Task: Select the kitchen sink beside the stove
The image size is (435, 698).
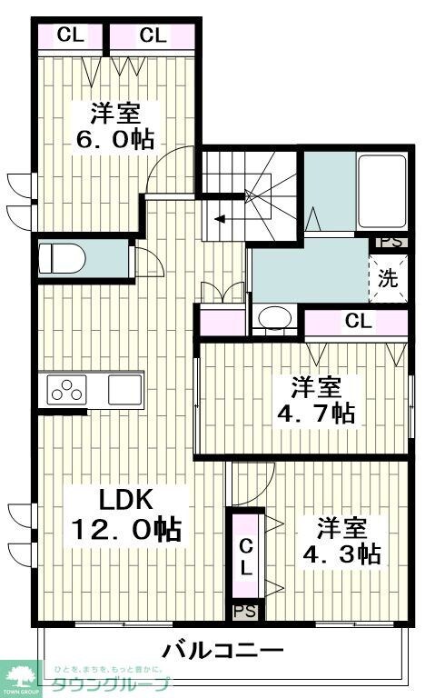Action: tap(124, 389)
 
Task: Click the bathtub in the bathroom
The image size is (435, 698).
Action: tap(382, 194)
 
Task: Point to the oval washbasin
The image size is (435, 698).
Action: tap(272, 319)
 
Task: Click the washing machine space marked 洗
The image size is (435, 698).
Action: tap(389, 278)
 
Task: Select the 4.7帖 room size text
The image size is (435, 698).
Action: tap(316, 413)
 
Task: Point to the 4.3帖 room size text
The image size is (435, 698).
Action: tap(341, 553)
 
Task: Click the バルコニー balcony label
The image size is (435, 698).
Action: tap(223, 651)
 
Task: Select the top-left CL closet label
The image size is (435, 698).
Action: tap(70, 35)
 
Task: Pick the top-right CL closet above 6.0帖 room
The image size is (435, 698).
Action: tap(153, 35)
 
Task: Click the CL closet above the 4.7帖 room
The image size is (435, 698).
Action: tap(358, 320)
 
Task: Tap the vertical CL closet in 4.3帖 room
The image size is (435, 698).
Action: tap(246, 556)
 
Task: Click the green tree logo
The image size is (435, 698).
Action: tap(22, 676)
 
